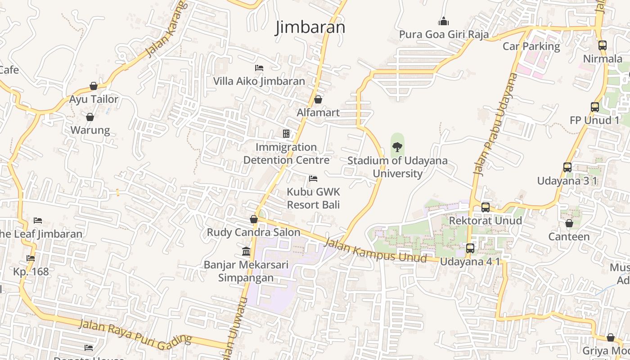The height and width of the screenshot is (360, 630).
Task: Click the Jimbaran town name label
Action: click(x=310, y=27)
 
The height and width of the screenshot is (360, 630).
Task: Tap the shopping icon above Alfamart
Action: click(x=318, y=99)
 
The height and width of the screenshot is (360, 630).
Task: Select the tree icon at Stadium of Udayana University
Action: click(x=397, y=147)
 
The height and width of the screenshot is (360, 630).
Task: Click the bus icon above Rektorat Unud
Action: click(x=486, y=207)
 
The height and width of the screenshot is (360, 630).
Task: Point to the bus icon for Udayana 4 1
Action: click(x=470, y=248)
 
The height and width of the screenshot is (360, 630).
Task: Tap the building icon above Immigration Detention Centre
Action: click(x=286, y=134)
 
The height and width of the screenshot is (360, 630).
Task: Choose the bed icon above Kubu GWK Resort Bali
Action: click(x=313, y=179)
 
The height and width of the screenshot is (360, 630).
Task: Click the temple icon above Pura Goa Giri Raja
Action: click(x=444, y=21)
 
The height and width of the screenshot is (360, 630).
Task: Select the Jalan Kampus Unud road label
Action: click(x=375, y=250)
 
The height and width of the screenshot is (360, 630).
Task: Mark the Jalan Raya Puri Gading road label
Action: click(x=135, y=335)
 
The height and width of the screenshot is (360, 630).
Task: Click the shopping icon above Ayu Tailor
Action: click(x=94, y=86)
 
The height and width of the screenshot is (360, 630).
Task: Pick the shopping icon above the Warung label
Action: click(x=90, y=117)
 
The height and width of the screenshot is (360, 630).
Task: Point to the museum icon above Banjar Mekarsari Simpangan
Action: click(x=246, y=251)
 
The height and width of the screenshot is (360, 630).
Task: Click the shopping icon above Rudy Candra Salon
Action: click(x=254, y=219)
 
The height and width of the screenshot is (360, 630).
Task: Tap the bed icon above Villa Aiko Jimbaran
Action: click(x=259, y=68)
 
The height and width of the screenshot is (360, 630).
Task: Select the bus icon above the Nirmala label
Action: click(x=603, y=45)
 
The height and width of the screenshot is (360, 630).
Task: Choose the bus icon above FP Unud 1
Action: click(x=595, y=107)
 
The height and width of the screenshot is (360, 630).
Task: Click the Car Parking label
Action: click(x=531, y=46)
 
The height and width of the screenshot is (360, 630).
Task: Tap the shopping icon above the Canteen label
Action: click(x=569, y=223)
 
